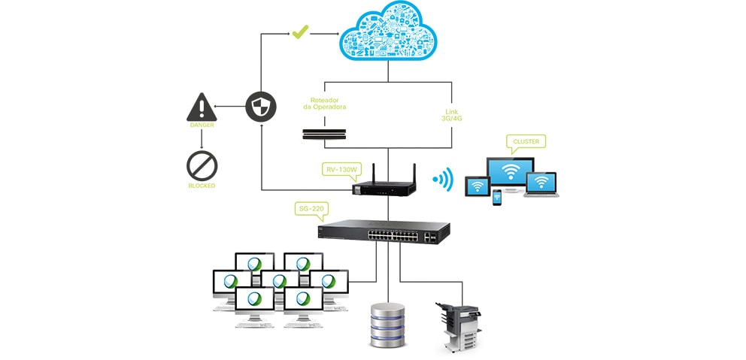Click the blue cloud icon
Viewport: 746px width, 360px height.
[x=388, y=32]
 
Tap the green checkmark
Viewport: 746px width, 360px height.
[x=300, y=32]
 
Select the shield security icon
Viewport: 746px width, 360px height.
[x=261, y=107]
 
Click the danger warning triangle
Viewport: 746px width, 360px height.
[x=202, y=107]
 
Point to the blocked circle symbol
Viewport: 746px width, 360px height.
[x=202, y=165]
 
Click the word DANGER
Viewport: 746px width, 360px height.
[x=202, y=126]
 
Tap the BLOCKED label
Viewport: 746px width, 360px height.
[x=202, y=185]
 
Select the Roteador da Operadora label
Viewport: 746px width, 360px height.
[x=325, y=103]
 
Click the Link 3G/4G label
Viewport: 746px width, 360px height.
[x=451, y=115]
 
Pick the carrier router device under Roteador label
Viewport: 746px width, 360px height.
[x=325, y=134]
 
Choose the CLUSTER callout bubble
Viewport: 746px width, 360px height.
[x=525, y=141]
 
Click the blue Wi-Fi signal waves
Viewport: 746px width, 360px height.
[x=444, y=179]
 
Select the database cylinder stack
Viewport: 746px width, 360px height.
[x=388, y=325]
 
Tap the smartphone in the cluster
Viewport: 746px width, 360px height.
[x=496, y=198]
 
